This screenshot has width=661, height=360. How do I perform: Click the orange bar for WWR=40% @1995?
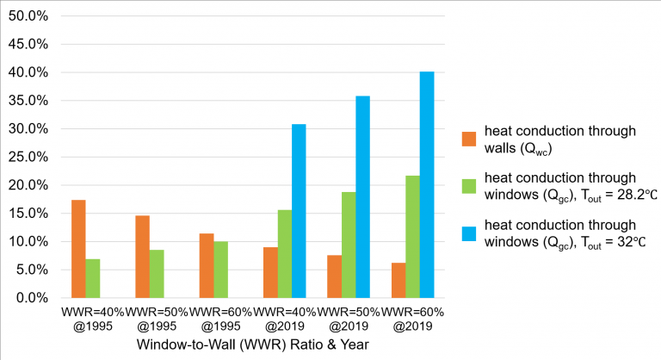78,249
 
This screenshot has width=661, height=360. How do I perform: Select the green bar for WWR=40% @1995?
93,278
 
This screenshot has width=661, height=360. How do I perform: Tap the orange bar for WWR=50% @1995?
143,257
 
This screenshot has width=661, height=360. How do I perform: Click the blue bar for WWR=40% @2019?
299,211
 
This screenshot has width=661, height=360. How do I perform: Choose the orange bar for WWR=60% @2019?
398,280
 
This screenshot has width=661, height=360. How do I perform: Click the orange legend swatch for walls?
469,139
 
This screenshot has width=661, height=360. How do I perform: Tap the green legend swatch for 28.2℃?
469,186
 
